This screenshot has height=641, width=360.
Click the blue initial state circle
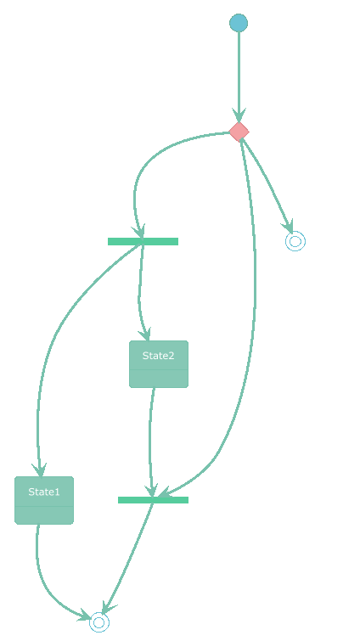239,22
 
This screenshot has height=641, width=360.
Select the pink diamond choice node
239,132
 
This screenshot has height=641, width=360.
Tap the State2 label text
158,356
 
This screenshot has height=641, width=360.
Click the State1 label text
43,492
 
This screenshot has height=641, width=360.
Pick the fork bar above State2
143,242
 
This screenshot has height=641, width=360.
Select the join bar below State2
153,500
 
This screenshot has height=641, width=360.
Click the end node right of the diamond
295,241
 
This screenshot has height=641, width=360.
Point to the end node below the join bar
98,622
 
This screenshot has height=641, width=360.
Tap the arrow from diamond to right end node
266,179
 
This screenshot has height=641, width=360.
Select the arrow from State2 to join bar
150,441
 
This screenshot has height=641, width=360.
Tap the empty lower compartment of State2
159,379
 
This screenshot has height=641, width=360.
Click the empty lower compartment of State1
44,515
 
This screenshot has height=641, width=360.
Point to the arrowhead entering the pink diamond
239,115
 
